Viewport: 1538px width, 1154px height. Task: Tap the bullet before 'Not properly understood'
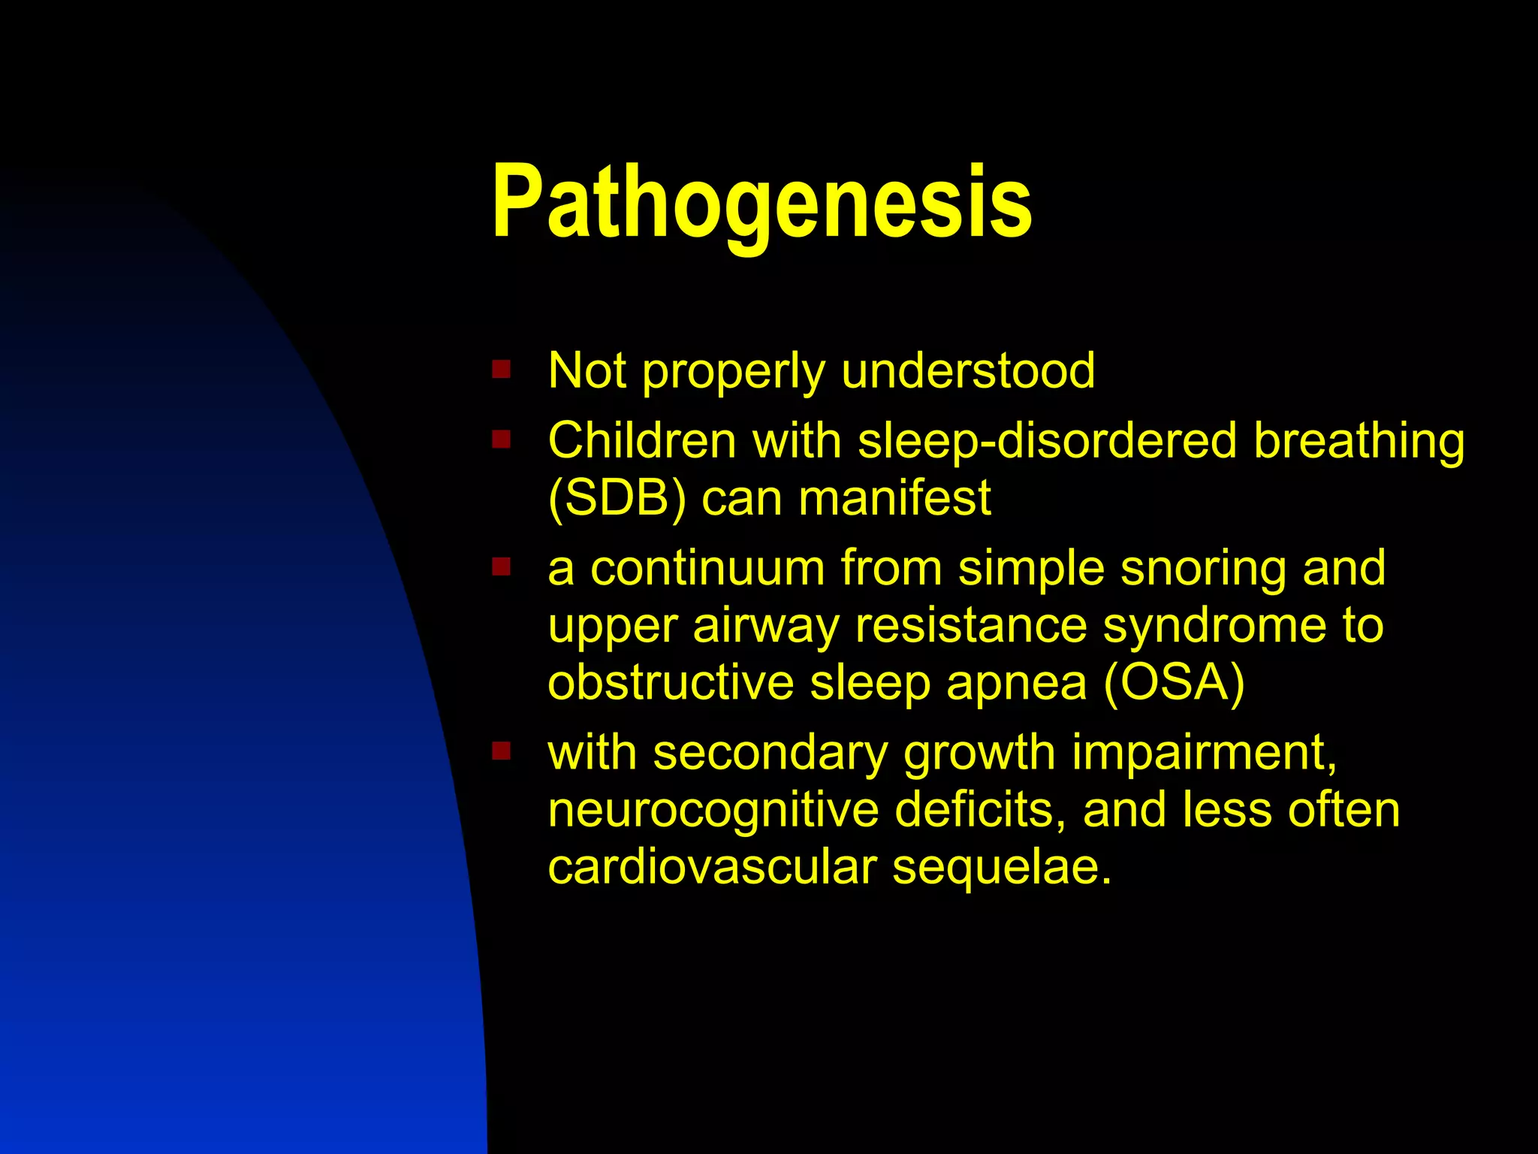point(501,370)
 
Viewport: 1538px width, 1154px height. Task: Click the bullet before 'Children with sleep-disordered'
point(501,439)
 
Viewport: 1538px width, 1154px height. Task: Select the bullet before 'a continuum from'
point(501,566)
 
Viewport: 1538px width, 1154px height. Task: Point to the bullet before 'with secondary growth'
point(501,751)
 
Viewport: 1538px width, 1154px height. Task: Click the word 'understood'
point(968,370)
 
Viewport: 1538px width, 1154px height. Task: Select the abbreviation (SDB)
point(617,498)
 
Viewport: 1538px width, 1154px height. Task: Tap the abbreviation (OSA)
point(1174,682)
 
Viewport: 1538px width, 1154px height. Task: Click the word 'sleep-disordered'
point(1047,440)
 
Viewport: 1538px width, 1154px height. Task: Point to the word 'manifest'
point(894,498)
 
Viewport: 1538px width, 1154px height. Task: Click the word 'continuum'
point(707,568)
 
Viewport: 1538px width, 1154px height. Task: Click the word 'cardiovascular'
point(711,867)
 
